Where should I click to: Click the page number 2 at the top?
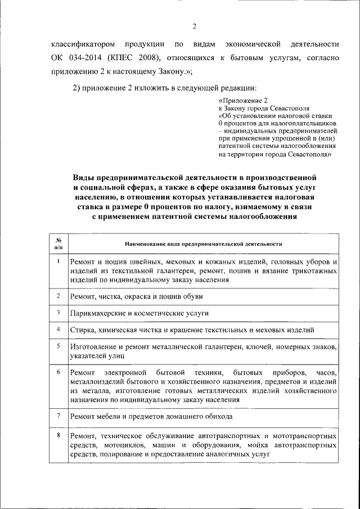pyautogui.click(x=193, y=26)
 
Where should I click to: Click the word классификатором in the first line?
pyautogui.click(x=83, y=43)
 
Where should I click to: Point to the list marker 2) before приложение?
pyautogui.click(x=79, y=88)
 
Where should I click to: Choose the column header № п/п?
pyautogui.click(x=58, y=243)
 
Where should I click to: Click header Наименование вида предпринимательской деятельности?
pyautogui.click(x=202, y=244)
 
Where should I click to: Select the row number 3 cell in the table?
pyautogui.click(x=58, y=312)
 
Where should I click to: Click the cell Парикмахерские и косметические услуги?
pyautogui.click(x=139, y=313)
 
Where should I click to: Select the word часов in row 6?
pyautogui.click(x=326, y=373)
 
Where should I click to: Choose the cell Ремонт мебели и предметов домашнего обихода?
pyautogui.click(x=151, y=417)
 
